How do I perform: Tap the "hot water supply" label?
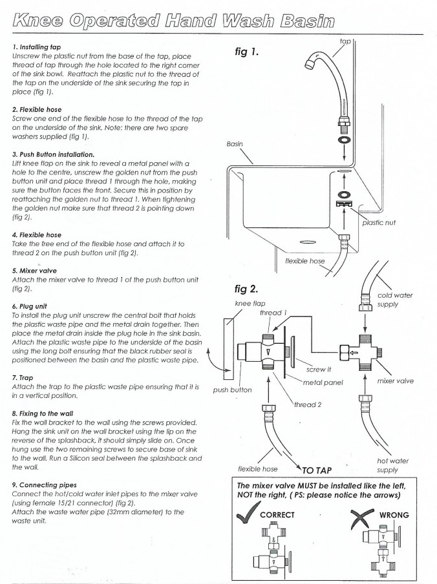[x=394, y=466]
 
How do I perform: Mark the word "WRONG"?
[x=394, y=516]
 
